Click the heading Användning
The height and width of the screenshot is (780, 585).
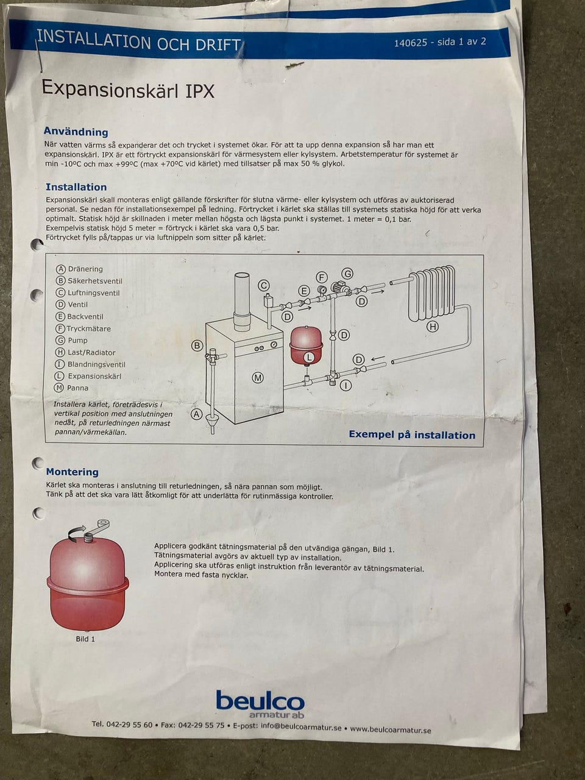(76, 132)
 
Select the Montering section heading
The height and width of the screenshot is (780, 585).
(73, 472)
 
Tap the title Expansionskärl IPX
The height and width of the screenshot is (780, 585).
(128, 89)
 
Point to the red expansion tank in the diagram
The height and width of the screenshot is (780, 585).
(306, 346)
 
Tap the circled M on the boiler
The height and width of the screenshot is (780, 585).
(258, 378)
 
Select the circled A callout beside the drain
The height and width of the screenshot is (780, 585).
(197, 414)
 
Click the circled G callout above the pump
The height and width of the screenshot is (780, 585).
(347, 274)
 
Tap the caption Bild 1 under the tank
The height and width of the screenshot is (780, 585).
(85, 639)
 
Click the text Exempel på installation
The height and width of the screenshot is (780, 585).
(412, 434)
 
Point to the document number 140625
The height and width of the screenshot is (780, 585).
(410, 43)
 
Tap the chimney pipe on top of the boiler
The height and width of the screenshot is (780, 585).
(243, 302)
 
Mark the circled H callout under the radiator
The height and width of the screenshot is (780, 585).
(433, 326)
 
